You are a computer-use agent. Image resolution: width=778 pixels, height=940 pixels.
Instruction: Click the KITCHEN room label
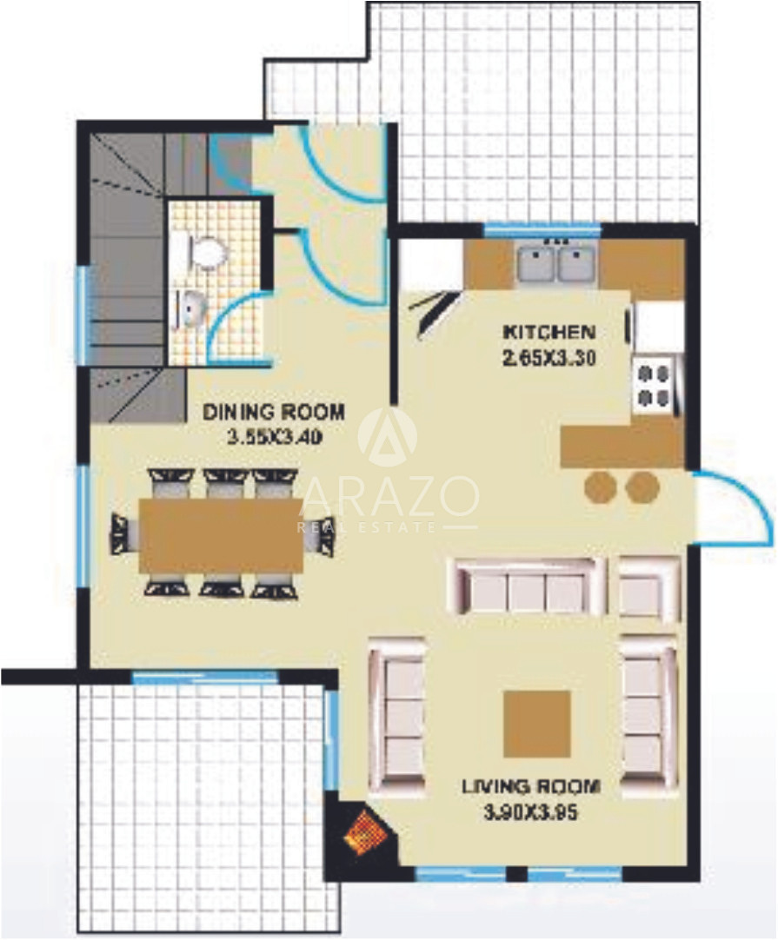point(549,332)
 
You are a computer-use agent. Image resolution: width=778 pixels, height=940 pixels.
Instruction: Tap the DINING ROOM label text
point(274,413)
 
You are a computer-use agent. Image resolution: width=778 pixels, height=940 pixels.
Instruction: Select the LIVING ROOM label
point(531,786)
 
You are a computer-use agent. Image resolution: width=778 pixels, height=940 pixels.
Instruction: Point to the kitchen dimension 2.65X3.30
point(549,359)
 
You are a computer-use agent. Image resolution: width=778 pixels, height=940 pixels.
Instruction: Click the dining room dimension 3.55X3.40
point(274,438)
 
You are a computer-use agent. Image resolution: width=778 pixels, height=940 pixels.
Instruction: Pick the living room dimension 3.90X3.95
point(531,813)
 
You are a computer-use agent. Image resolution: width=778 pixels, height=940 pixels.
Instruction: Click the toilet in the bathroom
point(204,253)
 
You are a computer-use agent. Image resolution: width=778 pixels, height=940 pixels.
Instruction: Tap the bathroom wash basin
point(190,308)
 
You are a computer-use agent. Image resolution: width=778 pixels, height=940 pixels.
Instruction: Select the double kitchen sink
point(556,264)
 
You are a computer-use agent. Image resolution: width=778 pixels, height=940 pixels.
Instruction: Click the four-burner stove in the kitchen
point(653,386)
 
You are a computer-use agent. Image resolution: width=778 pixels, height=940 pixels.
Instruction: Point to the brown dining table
point(222,535)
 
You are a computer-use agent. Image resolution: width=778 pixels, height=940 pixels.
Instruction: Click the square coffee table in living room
point(536,724)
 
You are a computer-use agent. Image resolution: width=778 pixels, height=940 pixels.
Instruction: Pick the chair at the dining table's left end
point(125,534)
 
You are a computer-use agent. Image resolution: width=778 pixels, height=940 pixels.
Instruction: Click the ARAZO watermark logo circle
point(388,437)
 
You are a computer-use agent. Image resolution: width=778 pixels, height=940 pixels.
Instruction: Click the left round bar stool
point(601,487)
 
